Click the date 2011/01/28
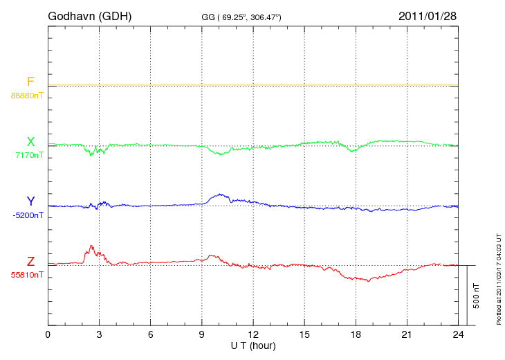click(x=427, y=15)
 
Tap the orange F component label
click(x=30, y=82)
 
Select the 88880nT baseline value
click(x=27, y=95)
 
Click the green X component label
click(x=30, y=142)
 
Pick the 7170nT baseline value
click(x=29, y=155)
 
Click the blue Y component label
click(x=30, y=201)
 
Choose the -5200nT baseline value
click(x=28, y=215)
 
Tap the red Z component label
click(x=30, y=262)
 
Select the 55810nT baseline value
click(x=27, y=275)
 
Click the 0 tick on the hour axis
click(x=48, y=335)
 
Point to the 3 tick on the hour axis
click(x=99, y=335)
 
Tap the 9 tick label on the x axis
click(x=202, y=335)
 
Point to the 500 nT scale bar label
click(x=477, y=296)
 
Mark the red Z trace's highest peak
click(x=90, y=245)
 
